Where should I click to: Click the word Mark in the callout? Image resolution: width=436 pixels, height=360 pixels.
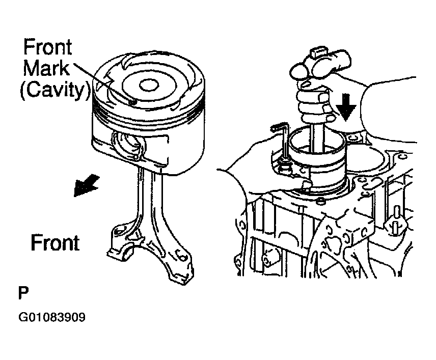tap(46, 68)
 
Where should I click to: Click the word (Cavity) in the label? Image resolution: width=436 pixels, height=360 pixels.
tap(55, 90)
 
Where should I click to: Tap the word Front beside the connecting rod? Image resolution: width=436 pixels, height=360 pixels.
tap(55, 242)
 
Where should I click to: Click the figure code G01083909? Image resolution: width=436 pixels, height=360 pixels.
tap(52, 317)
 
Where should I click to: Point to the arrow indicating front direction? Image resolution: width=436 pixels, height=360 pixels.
tap(86, 185)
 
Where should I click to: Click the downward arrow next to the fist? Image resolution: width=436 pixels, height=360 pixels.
tap(346, 107)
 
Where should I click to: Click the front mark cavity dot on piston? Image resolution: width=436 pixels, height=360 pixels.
tap(133, 103)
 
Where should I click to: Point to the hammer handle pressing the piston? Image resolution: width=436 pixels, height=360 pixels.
tap(317, 138)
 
